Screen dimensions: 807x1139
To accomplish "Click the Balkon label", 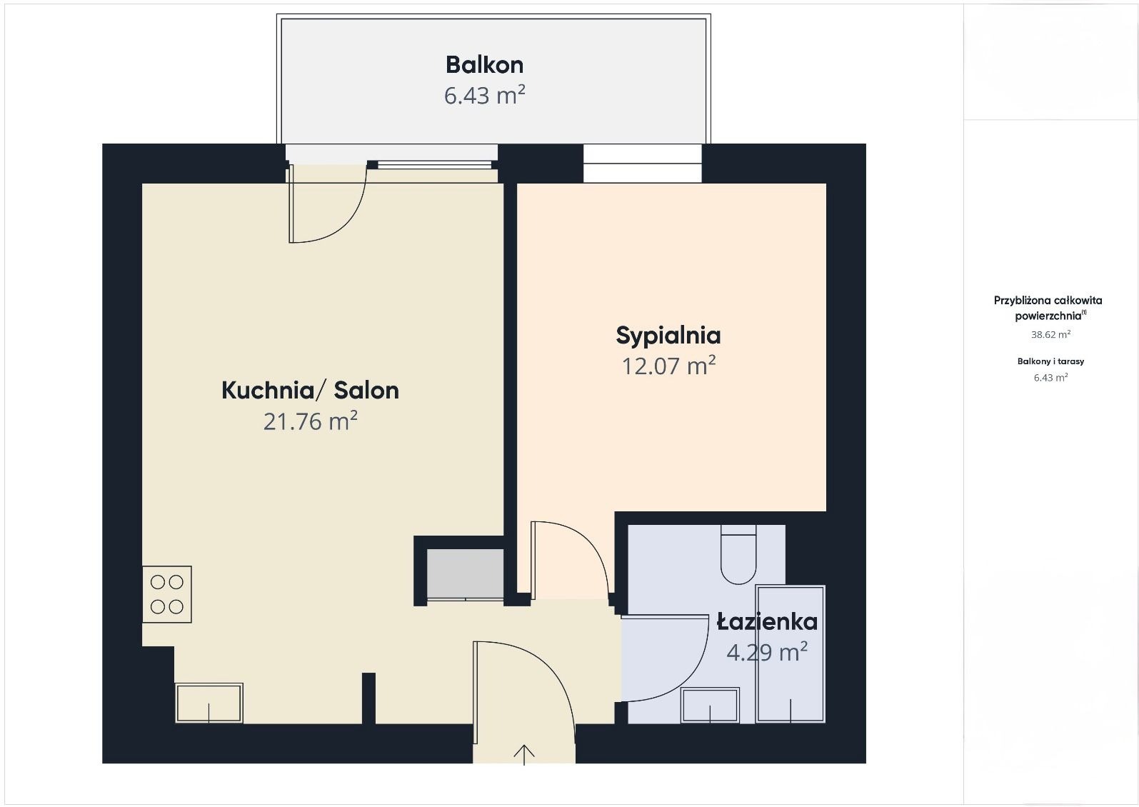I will tap(484, 65).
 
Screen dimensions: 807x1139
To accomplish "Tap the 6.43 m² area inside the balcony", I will tap(484, 95).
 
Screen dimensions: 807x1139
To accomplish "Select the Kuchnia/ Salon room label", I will tap(310, 390).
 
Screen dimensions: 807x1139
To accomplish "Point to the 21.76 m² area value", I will tap(310, 421).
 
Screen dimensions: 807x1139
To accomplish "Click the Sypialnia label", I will tap(668, 335).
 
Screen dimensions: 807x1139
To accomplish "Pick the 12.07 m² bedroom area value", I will tap(668, 366).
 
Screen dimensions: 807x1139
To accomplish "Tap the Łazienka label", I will tap(767, 622).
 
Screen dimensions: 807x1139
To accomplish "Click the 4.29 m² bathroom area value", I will tap(766, 652).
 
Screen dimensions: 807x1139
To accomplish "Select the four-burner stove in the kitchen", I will tap(167, 594).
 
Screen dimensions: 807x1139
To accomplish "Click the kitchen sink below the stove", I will tap(209, 703).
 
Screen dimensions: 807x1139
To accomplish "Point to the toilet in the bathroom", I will tap(738, 555).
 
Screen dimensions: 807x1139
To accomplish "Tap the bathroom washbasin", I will tap(710, 706).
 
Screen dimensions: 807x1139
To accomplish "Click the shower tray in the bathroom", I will tap(791, 653).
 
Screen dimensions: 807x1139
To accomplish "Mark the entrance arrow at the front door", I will tap(524, 754).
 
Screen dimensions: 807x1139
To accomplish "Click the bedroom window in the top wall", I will tap(642, 164).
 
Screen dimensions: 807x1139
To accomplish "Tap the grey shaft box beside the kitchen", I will tap(465, 573).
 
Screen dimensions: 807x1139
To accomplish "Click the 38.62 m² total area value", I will tap(1050, 334).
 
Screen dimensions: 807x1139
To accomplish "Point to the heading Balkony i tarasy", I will tap(1050, 361).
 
